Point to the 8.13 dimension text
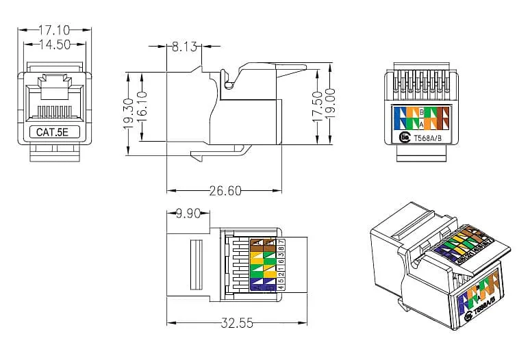coord(184,47)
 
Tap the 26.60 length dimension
coord(225,191)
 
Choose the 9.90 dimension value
coord(188,214)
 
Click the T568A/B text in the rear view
coord(429,138)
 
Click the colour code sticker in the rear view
coord(422,117)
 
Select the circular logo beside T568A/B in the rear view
coord(404,138)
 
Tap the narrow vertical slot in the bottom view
coord(193,263)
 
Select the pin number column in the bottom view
coord(281,263)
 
